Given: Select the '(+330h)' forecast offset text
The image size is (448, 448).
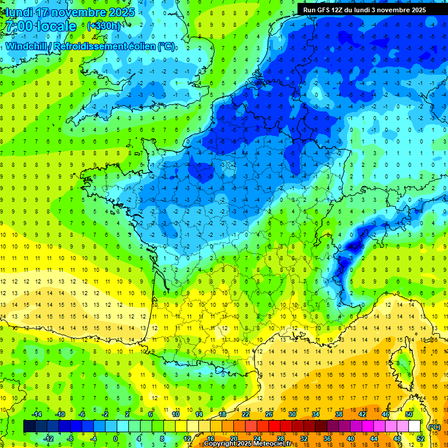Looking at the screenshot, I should pyautogui.click(x=104, y=26).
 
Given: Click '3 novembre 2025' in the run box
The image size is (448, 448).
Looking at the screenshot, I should pyautogui.click(x=398, y=10).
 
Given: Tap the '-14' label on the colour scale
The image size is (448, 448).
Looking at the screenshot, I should pyautogui.click(x=36, y=414).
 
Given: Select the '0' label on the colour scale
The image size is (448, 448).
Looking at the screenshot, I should pyautogui.click(x=116, y=439).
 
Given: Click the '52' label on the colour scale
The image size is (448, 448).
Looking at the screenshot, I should pyautogui.click(x=420, y=439).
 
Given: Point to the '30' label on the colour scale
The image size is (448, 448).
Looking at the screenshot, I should pyautogui.click(x=292, y=414).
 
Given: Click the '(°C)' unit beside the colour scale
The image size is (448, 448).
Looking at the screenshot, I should pyautogui.click(x=434, y=426).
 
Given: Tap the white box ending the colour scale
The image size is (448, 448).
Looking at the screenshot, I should pyautogui.click(x=414, y=426).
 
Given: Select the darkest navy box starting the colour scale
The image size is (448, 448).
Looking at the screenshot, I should pyautogui.click(x=29, y=426).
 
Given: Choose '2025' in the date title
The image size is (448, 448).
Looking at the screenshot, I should pyautogui.click(x=121, y=12).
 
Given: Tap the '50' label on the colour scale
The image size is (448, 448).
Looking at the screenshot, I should pyautogui.click(x=408, y=414).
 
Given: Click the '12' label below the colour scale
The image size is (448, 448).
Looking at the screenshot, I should pyautogui.click(x=188, y=439).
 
